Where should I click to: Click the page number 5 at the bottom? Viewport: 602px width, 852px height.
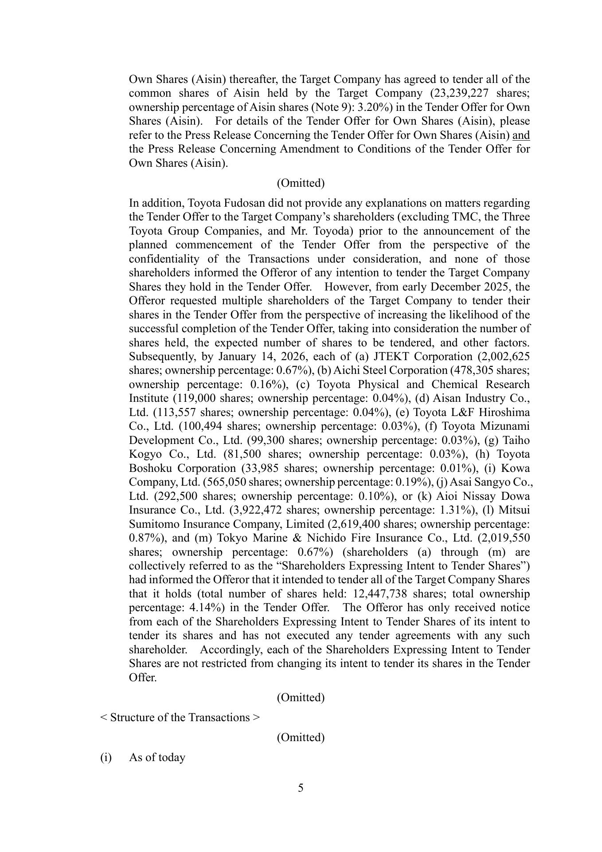pos(301,788)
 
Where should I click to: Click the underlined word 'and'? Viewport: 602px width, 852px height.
pos(521,135)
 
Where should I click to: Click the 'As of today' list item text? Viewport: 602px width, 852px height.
pos(157,757)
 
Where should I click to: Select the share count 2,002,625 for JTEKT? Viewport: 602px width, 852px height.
pos(508,357)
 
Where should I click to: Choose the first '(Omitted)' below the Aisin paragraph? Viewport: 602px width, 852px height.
pos(301,183)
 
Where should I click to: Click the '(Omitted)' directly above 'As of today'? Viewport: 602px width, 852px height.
pos(301,737)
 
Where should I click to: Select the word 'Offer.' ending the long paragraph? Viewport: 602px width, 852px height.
pos(143,677)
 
